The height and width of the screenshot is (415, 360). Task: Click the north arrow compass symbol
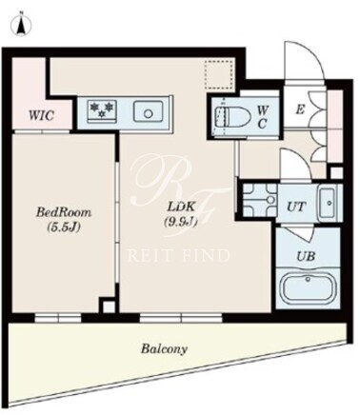[22, 24]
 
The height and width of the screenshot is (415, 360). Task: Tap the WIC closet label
[41, 115]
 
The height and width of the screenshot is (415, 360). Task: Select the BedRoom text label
[64, 212]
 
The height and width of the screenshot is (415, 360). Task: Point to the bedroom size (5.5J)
[64, 227]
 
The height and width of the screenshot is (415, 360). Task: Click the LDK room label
[181, 207]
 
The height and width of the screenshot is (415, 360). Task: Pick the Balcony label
[164, 349]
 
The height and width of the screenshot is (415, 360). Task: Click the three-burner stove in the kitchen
[102, 110]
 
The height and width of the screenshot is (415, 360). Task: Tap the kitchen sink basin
[149, 111]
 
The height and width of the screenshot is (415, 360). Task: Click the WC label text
[262, 117]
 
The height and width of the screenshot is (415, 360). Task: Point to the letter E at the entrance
[300, 109]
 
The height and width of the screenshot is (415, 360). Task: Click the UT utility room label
[296, 207]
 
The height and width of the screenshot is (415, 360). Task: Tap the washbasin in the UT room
[328, 203]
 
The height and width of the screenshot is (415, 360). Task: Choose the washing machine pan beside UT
[260, 199]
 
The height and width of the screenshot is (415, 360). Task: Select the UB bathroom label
[306, 256]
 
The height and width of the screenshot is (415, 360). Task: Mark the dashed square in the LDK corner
[219, 75]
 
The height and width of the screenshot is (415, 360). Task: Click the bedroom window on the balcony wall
[58, 318]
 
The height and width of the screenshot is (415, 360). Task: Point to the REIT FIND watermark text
[179, 255]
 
